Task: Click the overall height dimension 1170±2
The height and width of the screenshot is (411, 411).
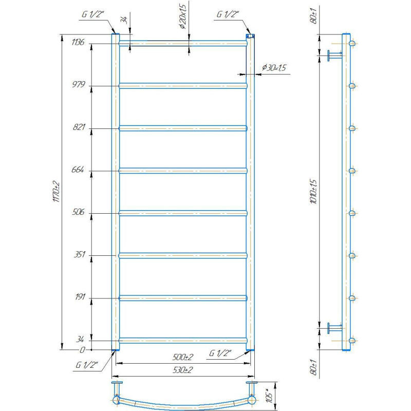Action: coord(57,192)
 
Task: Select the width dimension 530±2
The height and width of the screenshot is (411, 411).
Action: coord(183,370)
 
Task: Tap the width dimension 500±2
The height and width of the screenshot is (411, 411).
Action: coord(183,357)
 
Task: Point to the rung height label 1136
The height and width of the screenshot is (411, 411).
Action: coord(78,42)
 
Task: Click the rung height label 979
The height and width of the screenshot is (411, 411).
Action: coord(79,84)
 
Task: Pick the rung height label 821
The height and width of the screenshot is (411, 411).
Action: coord(79,127)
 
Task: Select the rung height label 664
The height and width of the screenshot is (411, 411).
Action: coord(78,170)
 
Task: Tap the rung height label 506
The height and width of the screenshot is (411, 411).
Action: coord(78,212)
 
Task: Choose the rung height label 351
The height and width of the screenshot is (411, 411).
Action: coord(79,254)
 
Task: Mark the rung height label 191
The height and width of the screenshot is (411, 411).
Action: coord(80,297)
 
